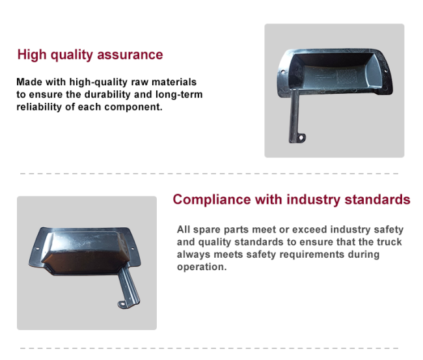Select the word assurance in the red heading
(x=130, y=55)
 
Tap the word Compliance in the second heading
(x=211, y=200)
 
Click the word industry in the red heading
(x=313, y=200)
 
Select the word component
(x=133, y=107)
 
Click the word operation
(x=202, y=267)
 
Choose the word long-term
(x=179, y=94)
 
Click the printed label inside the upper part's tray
(x=346, y=76)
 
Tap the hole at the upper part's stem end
(x=301, y=138)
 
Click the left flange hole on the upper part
(x=282, y=72)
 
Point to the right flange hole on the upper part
(x=385, y=71)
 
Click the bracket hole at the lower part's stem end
(x=122, y=304)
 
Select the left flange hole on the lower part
(x=38, y=248)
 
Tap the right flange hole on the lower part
(x=133, y=249)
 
